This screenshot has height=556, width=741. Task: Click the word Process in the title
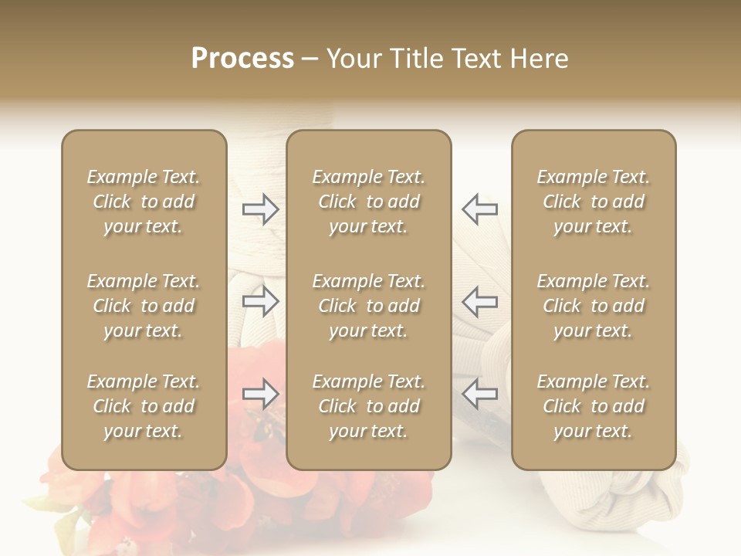click(x=242, y=59)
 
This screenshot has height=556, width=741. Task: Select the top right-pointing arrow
click(x=260, y=209)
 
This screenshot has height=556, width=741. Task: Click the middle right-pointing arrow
click(x=260, y=301)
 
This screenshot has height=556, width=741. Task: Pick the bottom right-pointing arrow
click(x=260, y=394)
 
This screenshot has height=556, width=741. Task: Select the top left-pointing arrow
click(x=479, y=209)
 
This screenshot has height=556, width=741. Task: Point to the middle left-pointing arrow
click(x=479, y=301)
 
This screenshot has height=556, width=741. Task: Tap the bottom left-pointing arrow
click(x=479, y=394)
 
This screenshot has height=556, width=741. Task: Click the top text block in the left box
click(x=144, y=202)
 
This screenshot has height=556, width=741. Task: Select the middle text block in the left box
click(x=144, y=306)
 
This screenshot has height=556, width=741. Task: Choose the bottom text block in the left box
click(x=144, y=406)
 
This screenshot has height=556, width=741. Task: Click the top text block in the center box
click(x=368, y=202)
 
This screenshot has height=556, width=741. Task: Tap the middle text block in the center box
click(x=368, y=306)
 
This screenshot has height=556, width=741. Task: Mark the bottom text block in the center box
click(x=368, y=406)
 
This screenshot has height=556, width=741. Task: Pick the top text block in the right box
click(x=593, y=202)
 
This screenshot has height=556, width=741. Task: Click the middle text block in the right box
click(x=593, y=306)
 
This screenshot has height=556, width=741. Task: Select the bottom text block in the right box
click(x=593, y=406)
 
